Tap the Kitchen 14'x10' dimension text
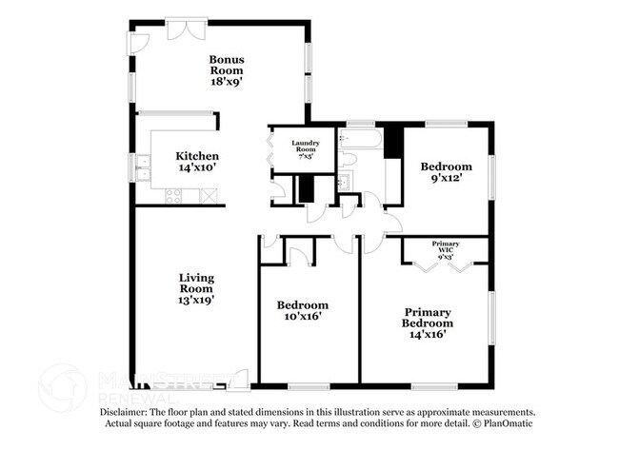point(197,167)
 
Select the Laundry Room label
point(305,145)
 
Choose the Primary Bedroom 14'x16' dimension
point(428,334)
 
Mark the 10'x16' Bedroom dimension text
point(303,317)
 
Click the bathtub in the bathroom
point(365,140)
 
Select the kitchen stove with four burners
point(174,196)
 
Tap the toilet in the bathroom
point(348,158)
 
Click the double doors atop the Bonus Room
point(181,29)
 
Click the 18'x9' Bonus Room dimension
point(227,83)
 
